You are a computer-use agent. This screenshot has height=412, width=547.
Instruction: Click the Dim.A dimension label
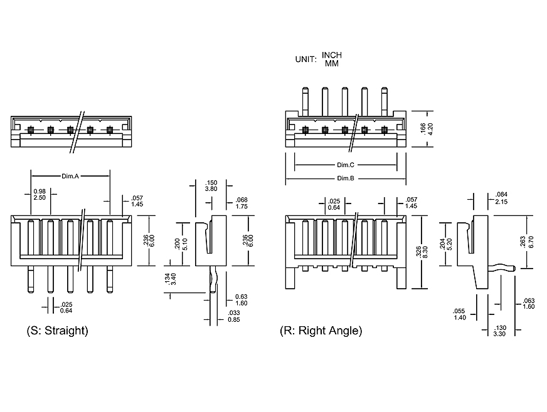click(x=70, y=176)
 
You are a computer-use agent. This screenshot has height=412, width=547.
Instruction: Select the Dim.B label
click(x=346, y=178)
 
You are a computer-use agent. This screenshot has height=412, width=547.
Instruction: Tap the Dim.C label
click(x=346, y=165)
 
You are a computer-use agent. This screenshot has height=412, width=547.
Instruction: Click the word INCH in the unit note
click(x=332, y=55)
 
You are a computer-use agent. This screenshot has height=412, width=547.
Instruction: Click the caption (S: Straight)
click(x=57, y=330)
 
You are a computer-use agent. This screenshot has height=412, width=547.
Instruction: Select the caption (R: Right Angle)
click(x=321, y=330)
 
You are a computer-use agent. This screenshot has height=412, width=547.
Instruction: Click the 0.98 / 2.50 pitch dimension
click(x=40, y=194)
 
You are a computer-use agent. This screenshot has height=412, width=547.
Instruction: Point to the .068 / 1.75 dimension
click(x=241, y=203)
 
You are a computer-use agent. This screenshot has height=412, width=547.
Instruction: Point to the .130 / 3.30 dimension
click(x=500, y=331)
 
